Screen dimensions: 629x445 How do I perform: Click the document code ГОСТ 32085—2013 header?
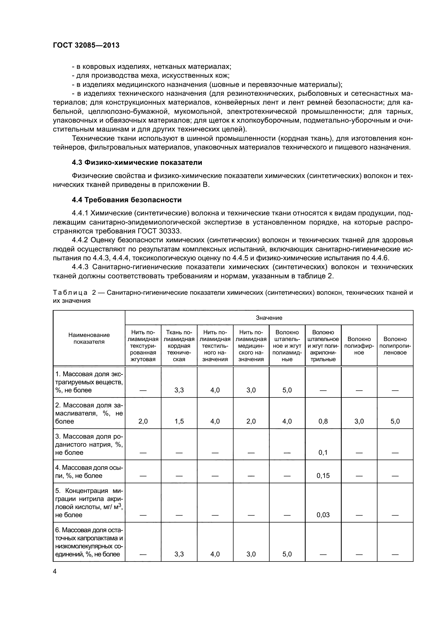(86, 45)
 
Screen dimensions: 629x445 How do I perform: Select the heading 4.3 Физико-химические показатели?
(137, 162)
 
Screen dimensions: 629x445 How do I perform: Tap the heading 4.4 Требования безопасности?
(127, 200)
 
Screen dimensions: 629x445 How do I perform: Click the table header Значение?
(269, 318)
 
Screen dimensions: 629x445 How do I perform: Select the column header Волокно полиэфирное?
(359, 346)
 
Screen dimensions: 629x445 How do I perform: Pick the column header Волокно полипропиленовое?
(395, 346)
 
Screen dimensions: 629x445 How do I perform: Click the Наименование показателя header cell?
(89, 338)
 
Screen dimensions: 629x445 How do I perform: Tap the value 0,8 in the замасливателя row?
(323, 421)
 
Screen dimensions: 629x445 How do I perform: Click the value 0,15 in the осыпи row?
(323, 476)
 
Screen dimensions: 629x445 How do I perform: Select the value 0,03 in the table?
(323, 515)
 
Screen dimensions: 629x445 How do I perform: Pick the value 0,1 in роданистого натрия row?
(323, 452)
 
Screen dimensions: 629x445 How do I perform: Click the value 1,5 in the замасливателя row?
(179, 421)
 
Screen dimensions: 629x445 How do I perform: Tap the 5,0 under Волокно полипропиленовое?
(395, 421)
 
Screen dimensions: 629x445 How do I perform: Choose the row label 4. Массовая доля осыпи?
(89, 471)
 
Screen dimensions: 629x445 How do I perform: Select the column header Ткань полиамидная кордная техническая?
(179, 346)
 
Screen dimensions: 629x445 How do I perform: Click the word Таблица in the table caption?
(70, 293)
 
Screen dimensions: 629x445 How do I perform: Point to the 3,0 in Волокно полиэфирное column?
(359, 421)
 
